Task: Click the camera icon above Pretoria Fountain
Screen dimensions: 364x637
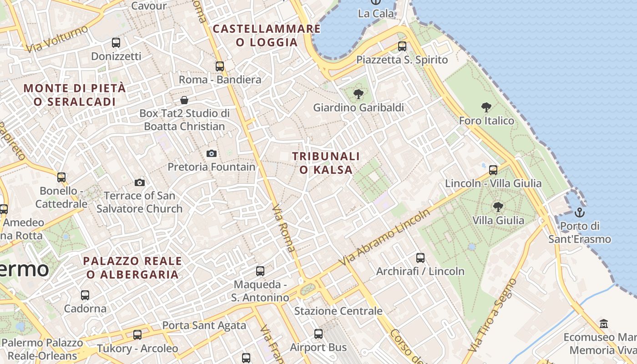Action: tap(211, 154)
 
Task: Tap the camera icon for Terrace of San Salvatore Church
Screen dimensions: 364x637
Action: tap(140, 183)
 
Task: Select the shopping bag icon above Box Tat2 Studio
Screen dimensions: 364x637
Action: tap(184, 100)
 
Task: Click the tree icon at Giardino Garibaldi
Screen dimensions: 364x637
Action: tap(359, 95)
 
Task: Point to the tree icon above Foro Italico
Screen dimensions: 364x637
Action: tap(486, 108)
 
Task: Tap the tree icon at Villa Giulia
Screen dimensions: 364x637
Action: tap(498, 207)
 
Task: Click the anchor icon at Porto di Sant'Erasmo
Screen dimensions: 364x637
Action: tap(580, 212)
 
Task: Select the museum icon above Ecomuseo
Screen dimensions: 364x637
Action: tap(604, 324)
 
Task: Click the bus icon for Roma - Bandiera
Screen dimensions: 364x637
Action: tap(220, 66)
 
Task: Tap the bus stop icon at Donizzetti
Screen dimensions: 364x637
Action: tap(116, 43)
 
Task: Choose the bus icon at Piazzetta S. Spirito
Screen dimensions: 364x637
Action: tap(402, 46)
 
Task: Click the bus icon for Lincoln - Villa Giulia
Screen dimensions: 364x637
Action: tap(493, 171)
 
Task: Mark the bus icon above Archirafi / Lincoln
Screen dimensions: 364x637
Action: tap(420, 258)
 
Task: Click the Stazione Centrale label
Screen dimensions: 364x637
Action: tap(338, 311)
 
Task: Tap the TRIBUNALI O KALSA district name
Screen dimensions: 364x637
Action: tap(326, 163)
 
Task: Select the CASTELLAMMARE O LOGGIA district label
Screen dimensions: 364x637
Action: tap(267, 35)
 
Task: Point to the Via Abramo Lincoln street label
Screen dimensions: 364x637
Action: tap(384, 238)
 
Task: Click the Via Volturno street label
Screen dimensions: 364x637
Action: tap(57, 39)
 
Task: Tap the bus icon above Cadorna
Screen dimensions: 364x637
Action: tap(85, 295)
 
